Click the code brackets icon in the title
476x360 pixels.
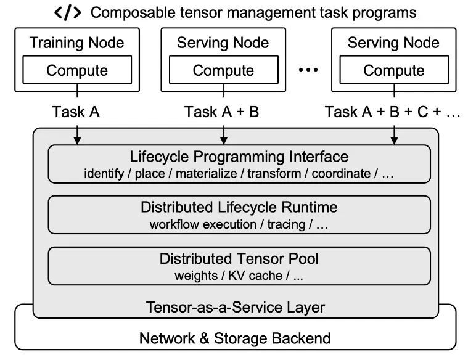tap(67, 12)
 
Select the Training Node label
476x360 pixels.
tap(77, 43)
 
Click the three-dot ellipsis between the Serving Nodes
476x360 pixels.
tap(308, 70)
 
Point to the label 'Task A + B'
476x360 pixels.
tap(221, 112)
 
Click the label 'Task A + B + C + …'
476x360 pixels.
tap(393, 112)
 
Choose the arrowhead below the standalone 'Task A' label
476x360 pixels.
tap(78, 140)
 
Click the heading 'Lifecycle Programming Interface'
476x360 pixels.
tap(239, 157)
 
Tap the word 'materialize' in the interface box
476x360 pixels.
tap(207, 174)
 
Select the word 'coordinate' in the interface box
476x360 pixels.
tap(341, 174)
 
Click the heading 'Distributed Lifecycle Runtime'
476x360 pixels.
tap(239, 207)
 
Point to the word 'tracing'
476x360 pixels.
tap(286, 224)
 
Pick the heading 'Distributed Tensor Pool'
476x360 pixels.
tap(239, 259)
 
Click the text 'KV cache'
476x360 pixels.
tap(255, 276)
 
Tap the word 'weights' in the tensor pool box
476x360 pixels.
tap(196, 276)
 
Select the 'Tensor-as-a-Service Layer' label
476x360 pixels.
tap(236, 307)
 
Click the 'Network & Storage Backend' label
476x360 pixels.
tap(235, 338)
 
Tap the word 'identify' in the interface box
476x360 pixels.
tap(104, 174)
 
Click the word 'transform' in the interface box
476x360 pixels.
tap(274, 174)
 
